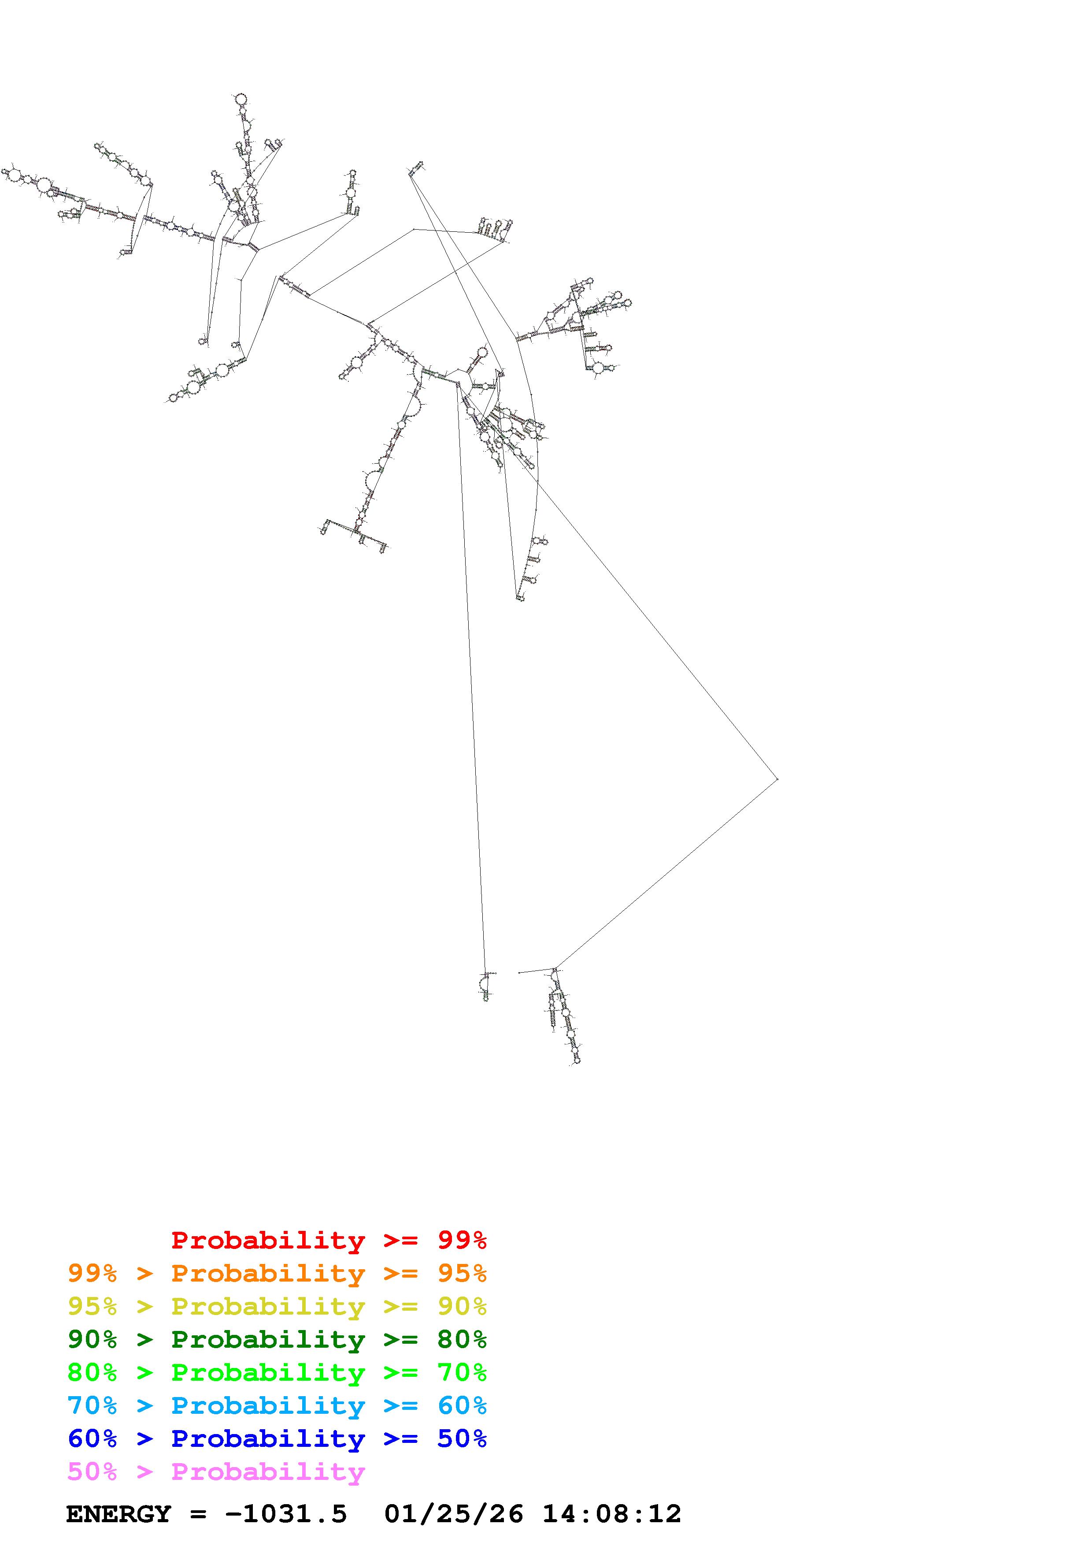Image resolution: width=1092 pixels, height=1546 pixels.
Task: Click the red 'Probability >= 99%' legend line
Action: point(329,1240)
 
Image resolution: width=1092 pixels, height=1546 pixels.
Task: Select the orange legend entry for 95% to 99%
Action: point(277,1273)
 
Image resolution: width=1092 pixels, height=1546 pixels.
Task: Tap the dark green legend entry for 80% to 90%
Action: point(277,1339)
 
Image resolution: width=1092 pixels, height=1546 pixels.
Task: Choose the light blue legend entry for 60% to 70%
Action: point(277,1405)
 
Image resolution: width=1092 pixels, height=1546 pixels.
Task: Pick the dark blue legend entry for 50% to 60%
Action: point(277,1438)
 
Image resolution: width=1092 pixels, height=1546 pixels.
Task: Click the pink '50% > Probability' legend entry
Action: point(216,1472)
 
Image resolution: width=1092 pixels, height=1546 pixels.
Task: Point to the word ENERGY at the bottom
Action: point(118,1514)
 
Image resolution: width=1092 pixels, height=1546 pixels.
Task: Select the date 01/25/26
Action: point(453,1514)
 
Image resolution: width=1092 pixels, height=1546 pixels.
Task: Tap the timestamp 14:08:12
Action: point(611,1514)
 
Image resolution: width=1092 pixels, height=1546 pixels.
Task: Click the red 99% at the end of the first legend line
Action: point(462,1240)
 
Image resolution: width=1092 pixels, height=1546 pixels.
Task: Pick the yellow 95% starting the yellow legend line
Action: point(92,1306)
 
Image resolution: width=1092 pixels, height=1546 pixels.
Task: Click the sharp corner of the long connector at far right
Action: point(778,779)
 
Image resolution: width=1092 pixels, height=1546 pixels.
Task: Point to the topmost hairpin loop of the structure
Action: point(240,100)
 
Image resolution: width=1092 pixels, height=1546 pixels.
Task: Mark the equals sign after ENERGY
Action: point(198,1514)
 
